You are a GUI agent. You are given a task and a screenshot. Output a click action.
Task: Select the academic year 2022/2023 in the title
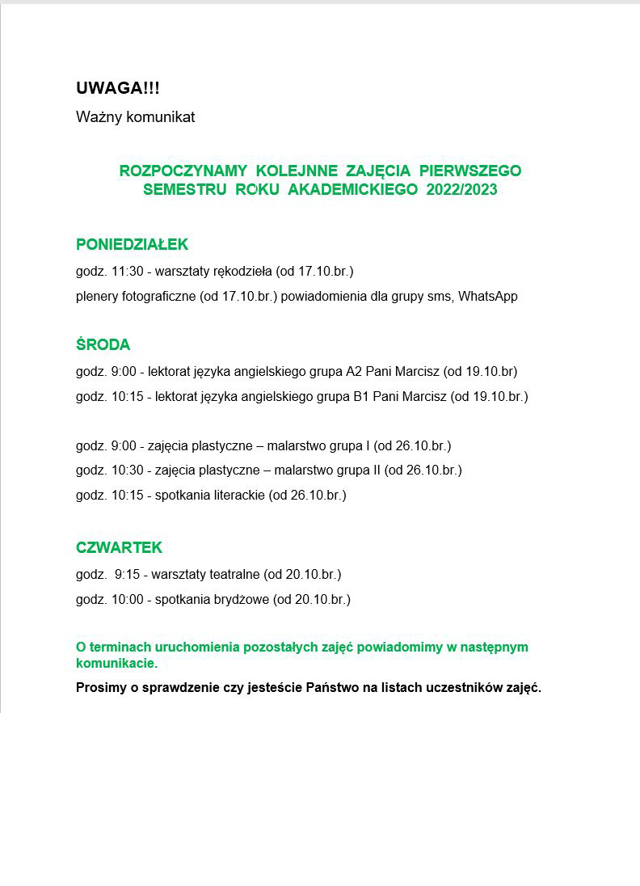pos(461,191)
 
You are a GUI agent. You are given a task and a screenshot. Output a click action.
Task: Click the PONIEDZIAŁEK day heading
pos(132,244)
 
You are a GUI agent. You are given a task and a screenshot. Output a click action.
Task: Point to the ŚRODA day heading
pos(103,345)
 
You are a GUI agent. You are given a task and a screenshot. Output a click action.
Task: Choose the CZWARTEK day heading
pos(119,547)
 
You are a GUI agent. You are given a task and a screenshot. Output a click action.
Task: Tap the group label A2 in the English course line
pos(354,372)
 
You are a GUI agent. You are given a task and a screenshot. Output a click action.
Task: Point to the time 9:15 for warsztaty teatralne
pos(128,575)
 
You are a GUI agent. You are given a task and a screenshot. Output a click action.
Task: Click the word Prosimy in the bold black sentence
pos(101,689)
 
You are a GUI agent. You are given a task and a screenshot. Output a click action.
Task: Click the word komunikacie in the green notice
pos(116,664)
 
